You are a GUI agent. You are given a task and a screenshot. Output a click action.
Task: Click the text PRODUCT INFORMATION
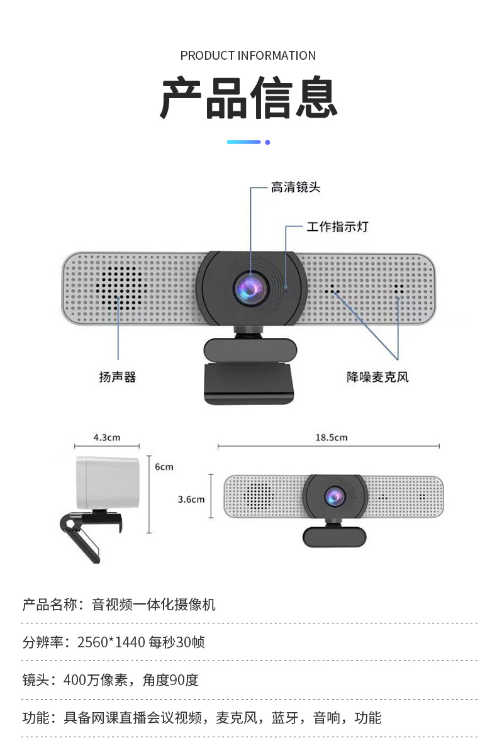coord(248,55)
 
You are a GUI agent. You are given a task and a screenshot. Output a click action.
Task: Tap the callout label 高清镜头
coord(296,187)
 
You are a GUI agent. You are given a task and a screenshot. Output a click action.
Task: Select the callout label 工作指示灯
coord(337,226)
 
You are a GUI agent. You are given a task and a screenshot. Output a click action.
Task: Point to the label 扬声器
coord(118,377)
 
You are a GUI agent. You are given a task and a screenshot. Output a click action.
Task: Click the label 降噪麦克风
coord(377,377)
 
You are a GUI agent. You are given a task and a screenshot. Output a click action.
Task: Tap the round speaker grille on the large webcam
coord(118,289)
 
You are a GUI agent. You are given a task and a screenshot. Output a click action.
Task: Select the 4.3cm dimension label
coord(107,437)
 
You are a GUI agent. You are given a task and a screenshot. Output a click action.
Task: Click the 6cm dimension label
coord(164,467)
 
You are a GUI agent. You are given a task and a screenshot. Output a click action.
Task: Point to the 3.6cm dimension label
coord(191,499)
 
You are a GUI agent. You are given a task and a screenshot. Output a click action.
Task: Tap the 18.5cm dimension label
coord(331,437)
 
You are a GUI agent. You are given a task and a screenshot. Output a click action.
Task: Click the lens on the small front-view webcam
coord(334,497)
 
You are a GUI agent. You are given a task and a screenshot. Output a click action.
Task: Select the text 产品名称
coord(49,605)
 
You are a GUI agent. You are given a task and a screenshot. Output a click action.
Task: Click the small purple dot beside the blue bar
coord(267,142)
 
